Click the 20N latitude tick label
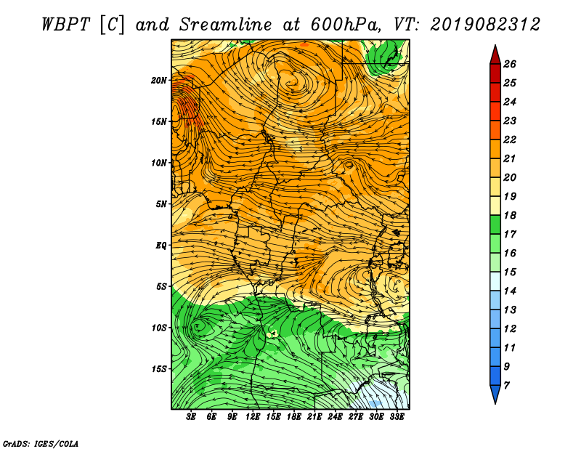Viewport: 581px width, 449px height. [x=158, y=81]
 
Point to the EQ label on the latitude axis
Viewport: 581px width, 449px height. [x=161, y=246]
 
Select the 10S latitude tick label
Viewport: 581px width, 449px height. [x=158, y=328]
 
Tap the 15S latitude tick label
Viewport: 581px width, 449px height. [x=158, y=369]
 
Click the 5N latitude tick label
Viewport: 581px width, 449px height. [x=161, y=204]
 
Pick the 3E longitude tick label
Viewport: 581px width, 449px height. [x=191, y=417]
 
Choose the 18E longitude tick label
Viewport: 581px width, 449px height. [x=294, y=417]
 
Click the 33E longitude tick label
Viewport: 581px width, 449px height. [x=397, y=417]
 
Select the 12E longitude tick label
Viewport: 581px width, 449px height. [x=253, y=417]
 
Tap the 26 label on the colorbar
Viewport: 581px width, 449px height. [x=510, y=64]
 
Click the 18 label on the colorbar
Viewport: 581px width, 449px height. [x=510, y=215]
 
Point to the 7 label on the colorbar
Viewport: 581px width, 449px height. [x=506, y=386]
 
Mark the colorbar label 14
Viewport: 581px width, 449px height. [x=510, y=291]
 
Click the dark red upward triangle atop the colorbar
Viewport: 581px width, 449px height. [x=495, y=56]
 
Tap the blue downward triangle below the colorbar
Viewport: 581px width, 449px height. [x=495, y=394]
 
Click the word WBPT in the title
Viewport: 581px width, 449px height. [x=65, y=25]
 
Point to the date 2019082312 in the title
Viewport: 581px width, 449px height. [x=485, y=25]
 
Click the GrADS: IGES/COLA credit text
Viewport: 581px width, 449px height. [x=41, y=443]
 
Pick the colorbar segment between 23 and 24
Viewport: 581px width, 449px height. [x=495, y=111]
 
